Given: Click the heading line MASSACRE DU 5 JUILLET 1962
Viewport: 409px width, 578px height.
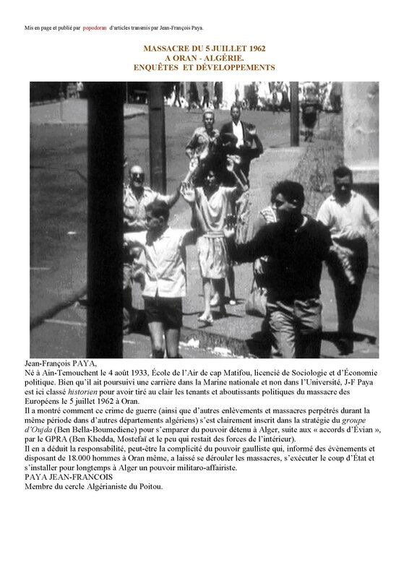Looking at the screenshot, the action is point(204,48).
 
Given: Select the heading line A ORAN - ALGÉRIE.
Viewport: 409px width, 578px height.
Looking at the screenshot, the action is point(204,57).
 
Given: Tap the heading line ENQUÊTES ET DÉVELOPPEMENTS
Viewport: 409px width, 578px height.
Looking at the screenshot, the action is point(204,67).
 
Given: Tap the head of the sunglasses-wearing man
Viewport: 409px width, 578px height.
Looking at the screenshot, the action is point(137,176).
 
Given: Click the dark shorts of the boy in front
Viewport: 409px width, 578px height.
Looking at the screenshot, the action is point(164,311).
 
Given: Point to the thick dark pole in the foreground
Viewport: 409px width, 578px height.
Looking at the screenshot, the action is point(106,217).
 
